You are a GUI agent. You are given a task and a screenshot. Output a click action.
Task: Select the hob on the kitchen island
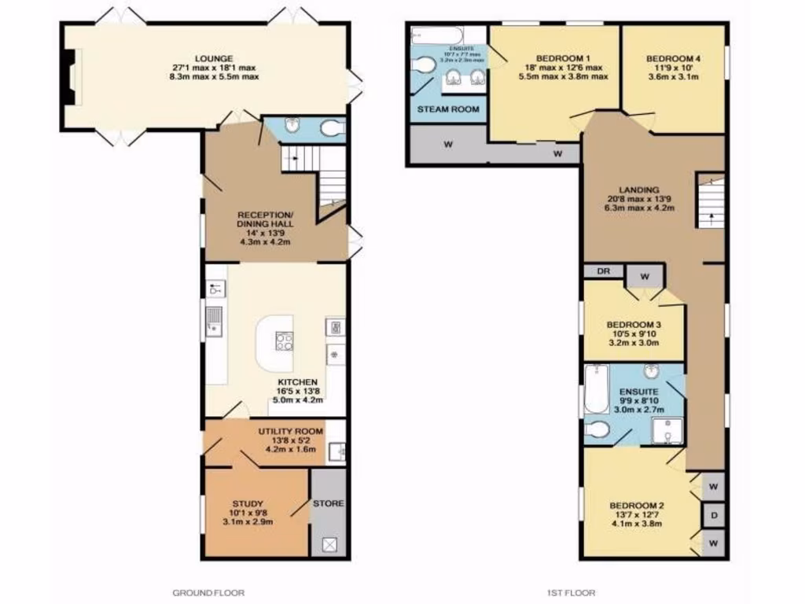click(284, 341)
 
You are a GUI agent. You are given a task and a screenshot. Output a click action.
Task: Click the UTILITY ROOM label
click(291, 431)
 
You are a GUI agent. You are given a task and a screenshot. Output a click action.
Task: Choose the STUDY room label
click(248, 503)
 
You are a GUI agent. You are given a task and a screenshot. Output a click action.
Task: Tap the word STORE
click(328, 503)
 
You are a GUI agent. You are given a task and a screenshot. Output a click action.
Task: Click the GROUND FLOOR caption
click(208, 592)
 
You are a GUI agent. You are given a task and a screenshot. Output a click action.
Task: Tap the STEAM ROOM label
click(447, 109)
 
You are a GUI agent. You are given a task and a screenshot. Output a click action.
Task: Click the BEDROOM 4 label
click(673, 58)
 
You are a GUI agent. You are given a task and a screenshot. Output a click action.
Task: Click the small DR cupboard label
click(603, 271)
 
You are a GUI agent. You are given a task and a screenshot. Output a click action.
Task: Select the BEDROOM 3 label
click(634, 325)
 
